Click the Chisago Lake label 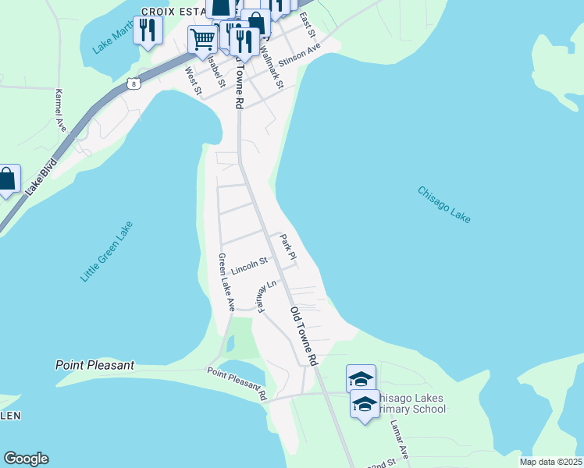click(x=443, y=204)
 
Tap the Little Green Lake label click(x=107, y=251)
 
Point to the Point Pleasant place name click(x=95, y=365)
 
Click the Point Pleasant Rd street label click(x=237, y=384)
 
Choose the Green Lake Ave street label click(x=226, y=282)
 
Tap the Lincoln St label click(x=250, y=266)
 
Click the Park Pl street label click(x=288, y=247)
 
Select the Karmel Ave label click(x=60, y=110)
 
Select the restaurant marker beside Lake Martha click(x=147, y=30)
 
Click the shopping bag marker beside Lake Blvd click(x=6, y=180)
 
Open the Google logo click(x=26, y=459)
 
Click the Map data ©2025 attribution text click(x=550, y=462)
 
